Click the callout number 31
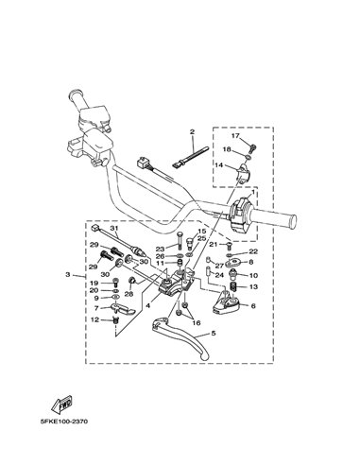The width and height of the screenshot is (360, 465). coord(113,228)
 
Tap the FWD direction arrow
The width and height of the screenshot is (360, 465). coord(62,404)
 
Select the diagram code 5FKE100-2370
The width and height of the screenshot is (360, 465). coord(64,422)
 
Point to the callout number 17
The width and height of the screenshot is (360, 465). coord(235,136)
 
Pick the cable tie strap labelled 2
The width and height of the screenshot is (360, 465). coord(191,157)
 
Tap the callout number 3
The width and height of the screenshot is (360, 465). coord(68,275)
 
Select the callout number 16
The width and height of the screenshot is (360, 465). coord(197,323)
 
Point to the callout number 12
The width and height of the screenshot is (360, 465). coord(95,319)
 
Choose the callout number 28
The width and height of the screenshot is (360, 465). coord(129,294)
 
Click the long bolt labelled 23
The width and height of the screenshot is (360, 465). coord(179,241)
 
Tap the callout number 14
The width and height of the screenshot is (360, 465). coord(219,164)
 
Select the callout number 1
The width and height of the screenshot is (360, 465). coord(252,192)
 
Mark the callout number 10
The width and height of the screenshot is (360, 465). coord(253,275)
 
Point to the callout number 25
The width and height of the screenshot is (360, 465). coord(201,238)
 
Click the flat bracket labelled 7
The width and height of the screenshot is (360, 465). coord(123,309)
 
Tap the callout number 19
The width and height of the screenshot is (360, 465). coord(94,283)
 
